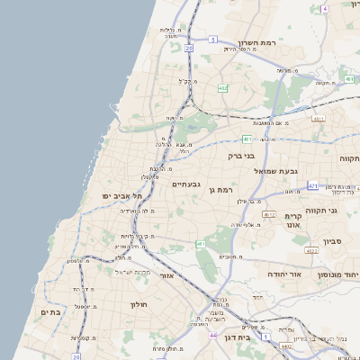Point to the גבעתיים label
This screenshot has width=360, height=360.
click(x=186, y=184)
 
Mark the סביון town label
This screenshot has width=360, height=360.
click(x=330, y=241)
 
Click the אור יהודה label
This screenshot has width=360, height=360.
click(x=288, y=273)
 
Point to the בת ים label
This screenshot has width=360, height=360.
click(x=49, y=312)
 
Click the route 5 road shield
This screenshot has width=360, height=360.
click(x=213, y=40)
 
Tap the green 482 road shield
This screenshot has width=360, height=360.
click(x=221, y=88)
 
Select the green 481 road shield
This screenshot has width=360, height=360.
click(x=247, y=139)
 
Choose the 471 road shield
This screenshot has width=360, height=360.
click(x=312, y=186)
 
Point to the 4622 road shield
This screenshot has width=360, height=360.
click(x=311, y=252)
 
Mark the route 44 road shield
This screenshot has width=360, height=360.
click(x=212, y=335)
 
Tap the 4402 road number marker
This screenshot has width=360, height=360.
click(x=286, y=346)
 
